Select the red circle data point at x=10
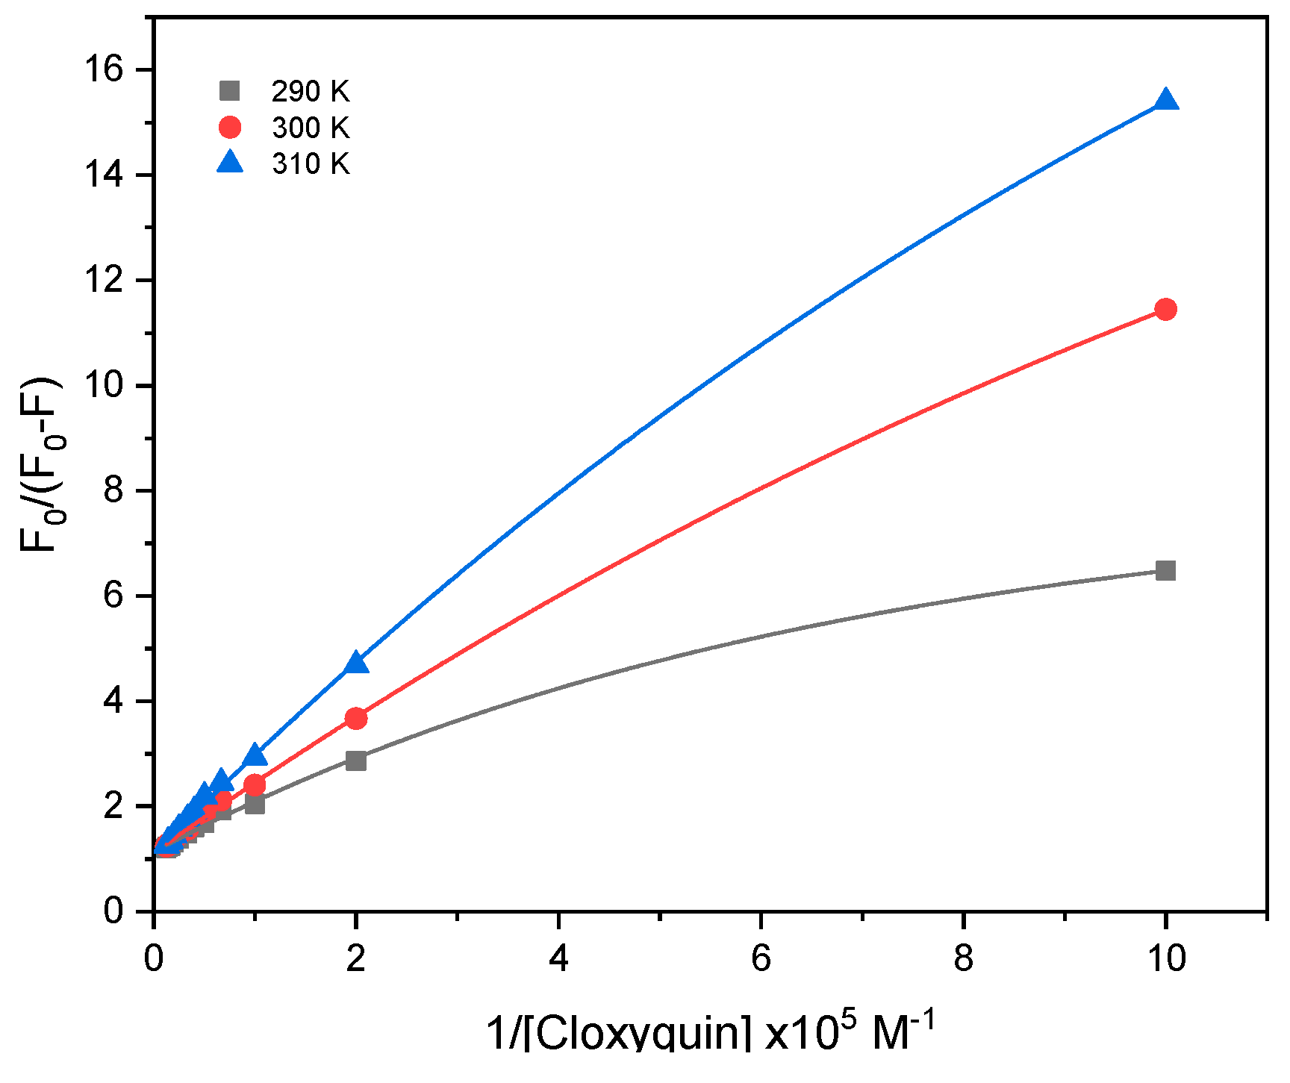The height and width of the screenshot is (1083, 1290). coord(1165,309)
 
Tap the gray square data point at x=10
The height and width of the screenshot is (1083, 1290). coord(1165,571)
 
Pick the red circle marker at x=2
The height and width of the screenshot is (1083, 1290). coord(356,718)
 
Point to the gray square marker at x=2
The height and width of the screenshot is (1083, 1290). coord(356,761)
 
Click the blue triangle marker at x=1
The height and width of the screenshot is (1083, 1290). coord(255,755)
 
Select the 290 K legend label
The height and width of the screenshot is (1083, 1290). coord(311,92)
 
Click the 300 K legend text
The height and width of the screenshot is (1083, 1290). coord(311,128)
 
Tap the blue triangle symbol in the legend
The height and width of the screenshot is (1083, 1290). coord(230,162)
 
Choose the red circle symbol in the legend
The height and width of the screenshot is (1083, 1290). coord(230,128)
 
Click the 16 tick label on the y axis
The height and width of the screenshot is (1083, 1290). coord(103,69)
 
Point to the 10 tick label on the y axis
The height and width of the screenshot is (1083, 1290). coord(103,386)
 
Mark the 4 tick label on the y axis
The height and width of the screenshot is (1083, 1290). coord(113,702)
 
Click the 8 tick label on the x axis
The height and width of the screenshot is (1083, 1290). coord(963,958)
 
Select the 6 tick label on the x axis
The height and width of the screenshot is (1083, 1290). coord(760,958)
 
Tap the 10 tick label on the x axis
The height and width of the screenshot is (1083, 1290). coord(1165,958)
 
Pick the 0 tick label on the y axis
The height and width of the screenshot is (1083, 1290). coord(113,911)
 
